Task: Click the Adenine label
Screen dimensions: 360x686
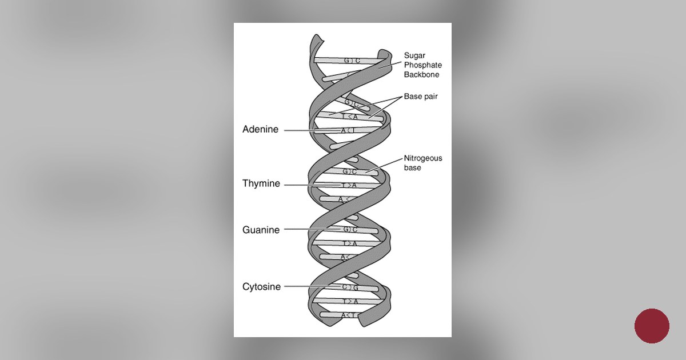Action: (260, 130)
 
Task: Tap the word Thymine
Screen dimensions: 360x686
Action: (261, 184)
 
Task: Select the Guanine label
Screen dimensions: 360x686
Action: (261, 230)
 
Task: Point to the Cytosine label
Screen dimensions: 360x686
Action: (261, 287)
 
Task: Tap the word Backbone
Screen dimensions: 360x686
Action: (422, 75)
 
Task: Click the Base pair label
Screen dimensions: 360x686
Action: (421, 97)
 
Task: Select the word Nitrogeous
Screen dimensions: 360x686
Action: (423, 158)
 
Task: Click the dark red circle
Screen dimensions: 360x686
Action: (652, 326)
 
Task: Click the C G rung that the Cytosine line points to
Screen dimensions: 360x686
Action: (350, 287)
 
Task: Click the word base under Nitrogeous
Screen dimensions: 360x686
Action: (413, 168)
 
